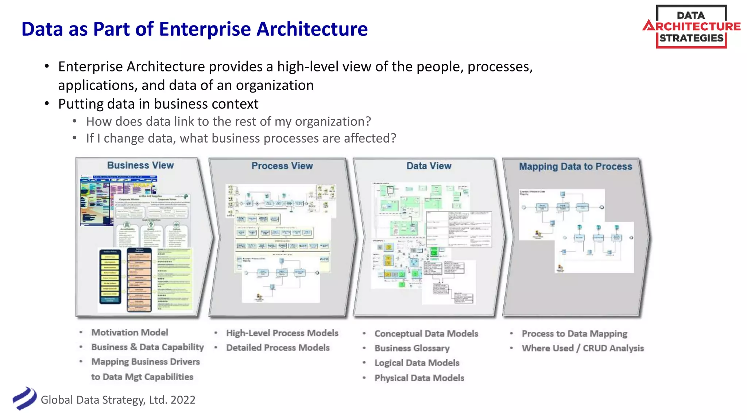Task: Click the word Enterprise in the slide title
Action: (x=205, y=29)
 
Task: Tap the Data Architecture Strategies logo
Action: (x=691, y=27)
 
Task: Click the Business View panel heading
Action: (x=140, y=165)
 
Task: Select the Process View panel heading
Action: (x=282, y=166)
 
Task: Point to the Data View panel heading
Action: (x=429, y=166)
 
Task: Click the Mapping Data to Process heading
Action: (x=575, y=167)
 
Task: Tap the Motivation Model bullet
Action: (x=129, y=332)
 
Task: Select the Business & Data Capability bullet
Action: (x=147, y=347)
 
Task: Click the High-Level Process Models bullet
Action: (x=282, y=333)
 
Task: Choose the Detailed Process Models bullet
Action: (x=278, y=348)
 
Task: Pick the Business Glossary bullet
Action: (x=412, y=348)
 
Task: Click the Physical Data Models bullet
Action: (x=419, y=378)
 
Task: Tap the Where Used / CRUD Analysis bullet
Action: (x=582, y=348)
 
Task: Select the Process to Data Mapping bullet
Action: (x=574, y=334)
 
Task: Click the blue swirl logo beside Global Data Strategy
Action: (x=24, y=398)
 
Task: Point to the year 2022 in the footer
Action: (x=183, y=400)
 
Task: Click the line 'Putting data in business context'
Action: (x=158, y=104)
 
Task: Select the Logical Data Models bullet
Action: (x=417, y=363)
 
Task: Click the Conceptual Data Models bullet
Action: (x=426, y=334)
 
